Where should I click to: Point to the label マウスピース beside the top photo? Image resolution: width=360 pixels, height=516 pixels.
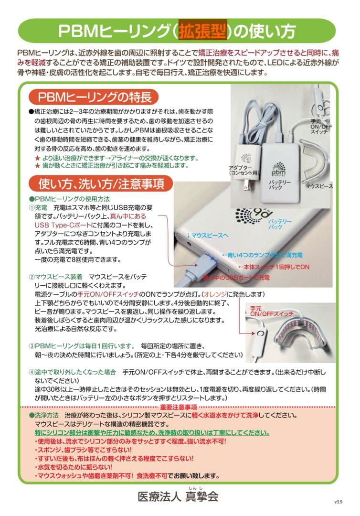318,185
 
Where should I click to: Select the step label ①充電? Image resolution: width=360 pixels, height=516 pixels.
38,208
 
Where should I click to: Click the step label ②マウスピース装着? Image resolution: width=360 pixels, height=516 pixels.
56,277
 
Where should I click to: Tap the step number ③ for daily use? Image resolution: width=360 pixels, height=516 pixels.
32,345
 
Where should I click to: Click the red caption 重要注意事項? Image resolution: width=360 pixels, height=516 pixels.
180,407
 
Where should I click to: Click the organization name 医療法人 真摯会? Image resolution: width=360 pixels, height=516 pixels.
178,496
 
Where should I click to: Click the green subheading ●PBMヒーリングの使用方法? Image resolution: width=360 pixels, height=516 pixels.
70,198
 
